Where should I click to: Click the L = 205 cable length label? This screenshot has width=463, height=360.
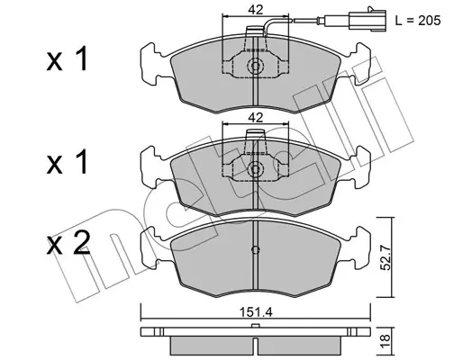(418, 21)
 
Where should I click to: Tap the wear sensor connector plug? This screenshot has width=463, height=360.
(368, 21)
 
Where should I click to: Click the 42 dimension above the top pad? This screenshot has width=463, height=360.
(255, 10)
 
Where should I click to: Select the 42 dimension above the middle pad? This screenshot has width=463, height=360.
(255, 118)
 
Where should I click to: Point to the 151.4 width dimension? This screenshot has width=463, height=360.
(256, 312)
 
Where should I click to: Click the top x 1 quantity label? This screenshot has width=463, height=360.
(67, 58)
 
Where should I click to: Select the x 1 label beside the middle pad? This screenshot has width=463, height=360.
(67, 162)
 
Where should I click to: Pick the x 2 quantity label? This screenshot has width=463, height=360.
(68, 243)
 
